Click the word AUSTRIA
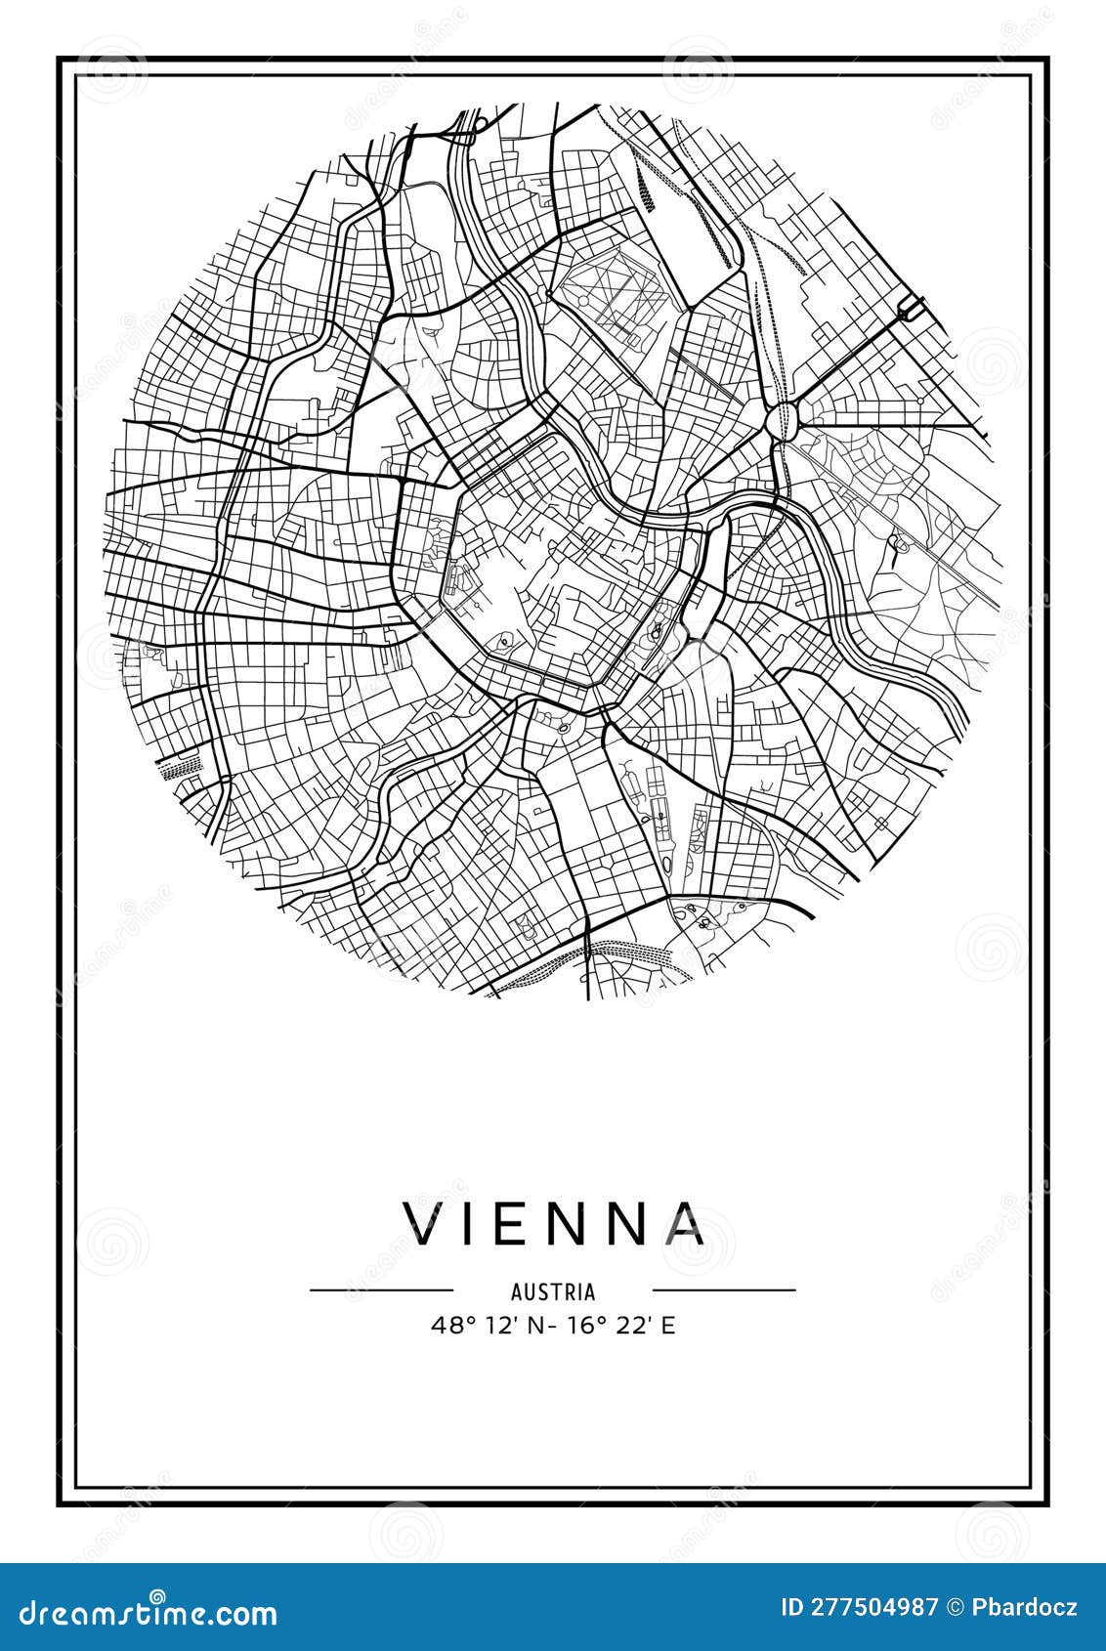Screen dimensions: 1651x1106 [x=553, y=1291]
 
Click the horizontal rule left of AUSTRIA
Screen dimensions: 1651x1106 [x=381, y=1291]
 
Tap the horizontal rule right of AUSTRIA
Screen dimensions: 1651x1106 [x=724, y=1291]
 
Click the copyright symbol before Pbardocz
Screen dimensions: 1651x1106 [x=955, y=1607]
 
